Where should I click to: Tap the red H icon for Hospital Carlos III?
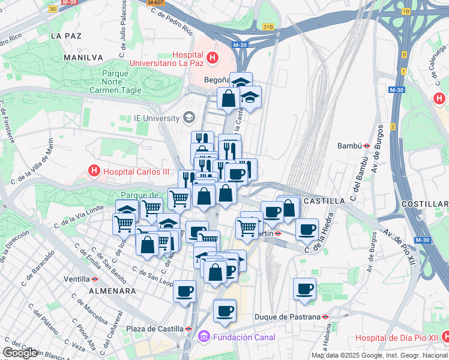[x=94, y=171]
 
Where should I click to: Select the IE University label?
[x=157, y=118]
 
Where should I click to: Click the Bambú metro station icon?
[x=366, y=145]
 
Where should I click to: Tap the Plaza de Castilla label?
[x=154, y=329]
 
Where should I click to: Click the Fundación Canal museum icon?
[x=203, y=338]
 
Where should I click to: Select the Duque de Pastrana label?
[x=288, y=316]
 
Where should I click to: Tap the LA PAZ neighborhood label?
[x=66, y=36]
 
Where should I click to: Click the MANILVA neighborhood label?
[x=83, y=58]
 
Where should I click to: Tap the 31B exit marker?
[x=268, y=27]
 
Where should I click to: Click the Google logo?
[x=20, y=353]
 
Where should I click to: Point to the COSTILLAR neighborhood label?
[x=424, y=205]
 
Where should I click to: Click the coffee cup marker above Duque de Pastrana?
[x=304, y=289]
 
